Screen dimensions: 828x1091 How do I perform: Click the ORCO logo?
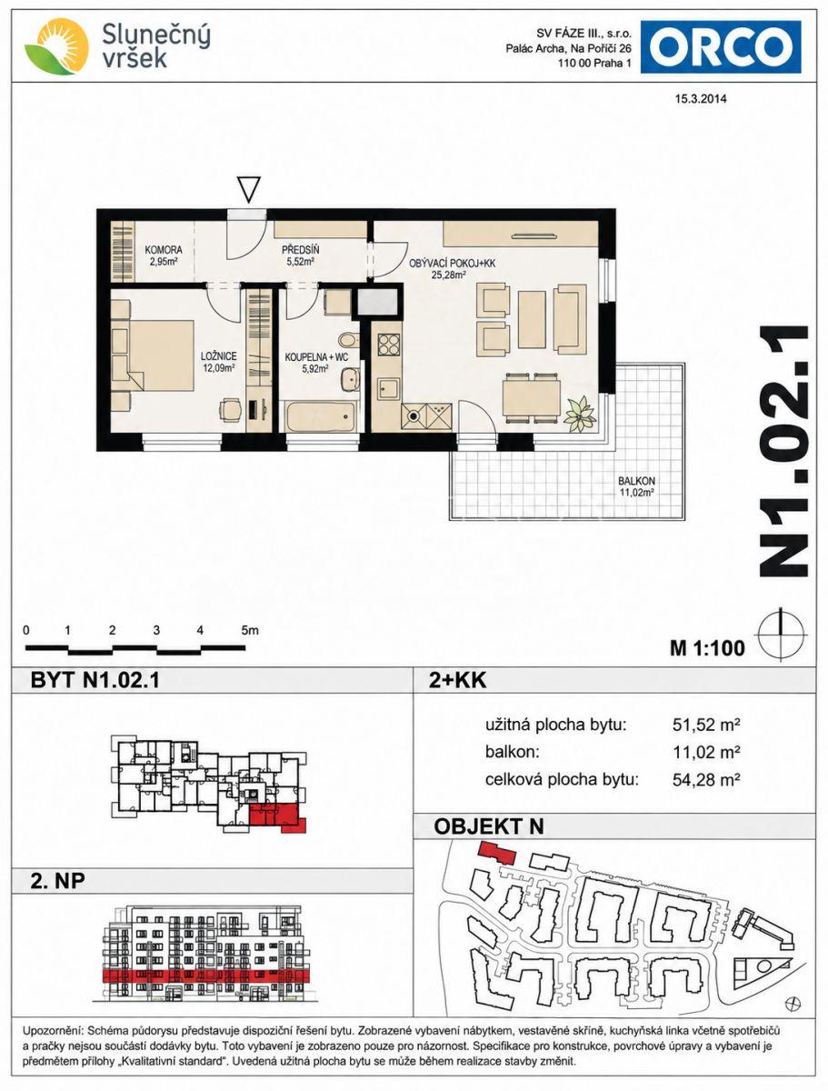click(x=720, y=46)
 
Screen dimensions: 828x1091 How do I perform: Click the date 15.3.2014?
click(x=700, y=99)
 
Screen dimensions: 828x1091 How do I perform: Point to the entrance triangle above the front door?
click(x=248, y=189)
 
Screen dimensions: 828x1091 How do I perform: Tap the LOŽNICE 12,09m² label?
click(x=218, y=362)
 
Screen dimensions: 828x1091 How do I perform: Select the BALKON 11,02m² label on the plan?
click(x=636, y=486)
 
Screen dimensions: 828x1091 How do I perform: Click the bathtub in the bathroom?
click(x=320, y=416)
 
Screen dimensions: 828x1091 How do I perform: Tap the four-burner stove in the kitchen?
click(x=389, y=344)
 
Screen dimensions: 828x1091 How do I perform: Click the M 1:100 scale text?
click(x=707, y=647)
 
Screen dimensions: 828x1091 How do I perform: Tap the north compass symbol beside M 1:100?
click(x=781, y=635)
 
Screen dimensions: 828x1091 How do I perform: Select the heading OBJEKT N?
click(x=489, y=826)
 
